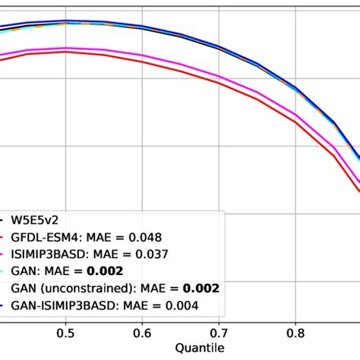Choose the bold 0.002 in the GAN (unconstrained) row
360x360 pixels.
[x=202, y=289]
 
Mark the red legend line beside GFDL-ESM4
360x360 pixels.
[x=4, y=237]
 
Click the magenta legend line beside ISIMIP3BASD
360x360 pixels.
[x=4, y=254]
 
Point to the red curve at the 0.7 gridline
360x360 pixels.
[x=219, y=83]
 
